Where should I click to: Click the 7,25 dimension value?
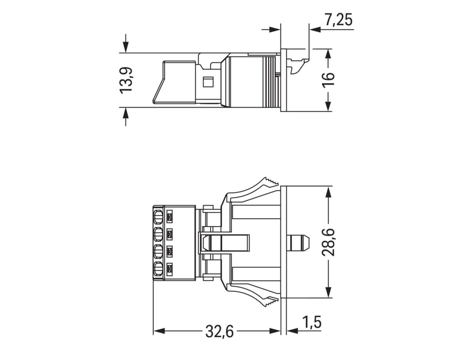pyautogui.click(x=338, y=19)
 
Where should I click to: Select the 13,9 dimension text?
pyautogui.click(x=126, y=80)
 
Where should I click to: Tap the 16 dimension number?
pyautogui.click(x=328, y=80)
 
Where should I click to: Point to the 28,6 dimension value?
pyautogui.click(x=328, y=242)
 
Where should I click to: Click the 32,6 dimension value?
pyautogui.click(x=219, y=332)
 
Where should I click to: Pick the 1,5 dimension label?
pyautogui.click(x=311, y=323)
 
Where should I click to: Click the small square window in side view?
pyautogui.click(x=208, y=82)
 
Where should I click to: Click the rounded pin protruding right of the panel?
pyautogui.click(x=300, y=242)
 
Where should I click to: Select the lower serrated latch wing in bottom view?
pyautogui.click(x=254, y=295)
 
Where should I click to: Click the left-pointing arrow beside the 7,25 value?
pyautogui.click(x=315, y=29)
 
